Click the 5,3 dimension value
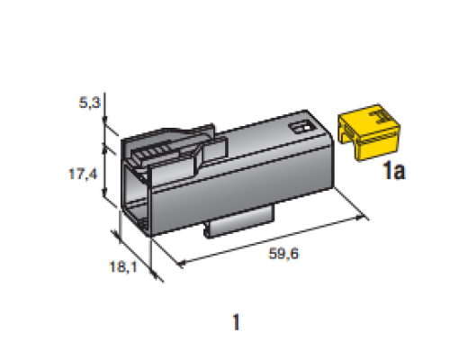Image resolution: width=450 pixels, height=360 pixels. (89, 103)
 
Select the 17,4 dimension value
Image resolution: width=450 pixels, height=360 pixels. (83, 174)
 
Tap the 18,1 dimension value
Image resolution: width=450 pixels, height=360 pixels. (123, 266)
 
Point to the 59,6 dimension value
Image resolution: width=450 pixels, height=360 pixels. (283, 254)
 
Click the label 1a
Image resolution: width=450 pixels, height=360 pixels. (394, 170)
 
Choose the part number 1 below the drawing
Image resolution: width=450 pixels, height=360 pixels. (237, 322)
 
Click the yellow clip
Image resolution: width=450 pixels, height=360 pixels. (369, 132)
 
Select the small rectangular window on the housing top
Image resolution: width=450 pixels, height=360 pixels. (301, 127)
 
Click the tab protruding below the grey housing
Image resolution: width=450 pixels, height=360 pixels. (239, 222)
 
